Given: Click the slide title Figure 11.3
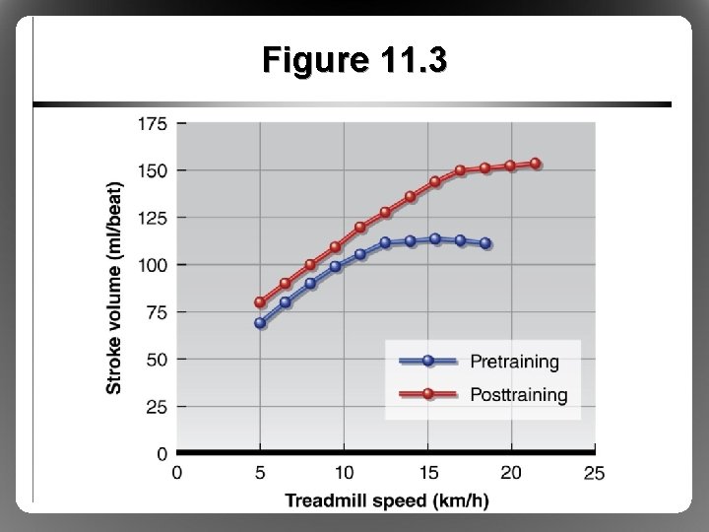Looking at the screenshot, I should pos(354,61).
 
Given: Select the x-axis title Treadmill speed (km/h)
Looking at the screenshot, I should pos(387,499).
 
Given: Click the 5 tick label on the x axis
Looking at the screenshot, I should pos(261,473).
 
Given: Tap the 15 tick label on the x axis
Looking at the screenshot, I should pos(427,473).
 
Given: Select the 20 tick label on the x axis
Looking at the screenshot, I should pos(511,473).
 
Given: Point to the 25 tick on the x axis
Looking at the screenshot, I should pos(594,473).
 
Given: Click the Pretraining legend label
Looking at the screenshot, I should pos(514,362).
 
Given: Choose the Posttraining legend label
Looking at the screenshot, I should pos(519,395).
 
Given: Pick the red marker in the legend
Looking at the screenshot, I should pos(428,394).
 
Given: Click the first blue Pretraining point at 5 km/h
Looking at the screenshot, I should pos(261,323).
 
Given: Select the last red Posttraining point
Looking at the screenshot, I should pos(536,164).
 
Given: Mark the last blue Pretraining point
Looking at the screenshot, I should pos(485,243).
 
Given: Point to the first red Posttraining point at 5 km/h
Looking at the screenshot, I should pos(261,302).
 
